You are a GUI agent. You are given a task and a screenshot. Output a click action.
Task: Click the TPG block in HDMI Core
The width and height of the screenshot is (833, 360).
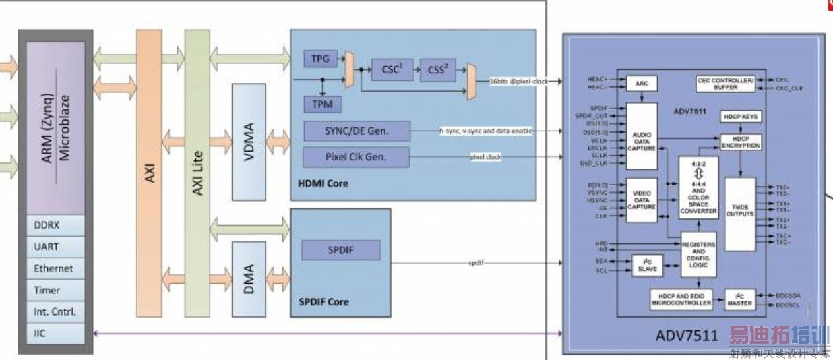pos(321,59)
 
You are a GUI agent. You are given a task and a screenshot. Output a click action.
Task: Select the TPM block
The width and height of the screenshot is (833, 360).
pos(322,104)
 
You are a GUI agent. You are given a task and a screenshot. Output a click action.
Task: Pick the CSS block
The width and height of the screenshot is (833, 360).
pos(439,69)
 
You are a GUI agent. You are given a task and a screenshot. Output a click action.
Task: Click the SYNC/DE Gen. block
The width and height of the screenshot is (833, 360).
pos(357,131)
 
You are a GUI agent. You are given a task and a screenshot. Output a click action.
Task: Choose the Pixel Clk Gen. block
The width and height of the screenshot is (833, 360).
pos(357,158)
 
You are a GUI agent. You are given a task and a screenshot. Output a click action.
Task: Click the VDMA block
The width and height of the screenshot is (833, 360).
pos(248,142)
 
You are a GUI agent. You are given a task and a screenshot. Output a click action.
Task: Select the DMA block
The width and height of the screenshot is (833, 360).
pos(248,279)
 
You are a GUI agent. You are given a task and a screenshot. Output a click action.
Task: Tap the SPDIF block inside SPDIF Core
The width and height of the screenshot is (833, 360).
pos(340,251)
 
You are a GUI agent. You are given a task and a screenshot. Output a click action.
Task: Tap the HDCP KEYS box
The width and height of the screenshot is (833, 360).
pos(741,117)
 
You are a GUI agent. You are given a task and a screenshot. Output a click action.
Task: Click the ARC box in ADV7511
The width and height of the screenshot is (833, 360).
pos(642,84)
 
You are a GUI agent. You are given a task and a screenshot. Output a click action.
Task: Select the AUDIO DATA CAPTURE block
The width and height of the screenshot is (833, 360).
pos(642,136)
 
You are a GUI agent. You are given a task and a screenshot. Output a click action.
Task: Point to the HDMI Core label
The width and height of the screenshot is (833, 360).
pos(323,183)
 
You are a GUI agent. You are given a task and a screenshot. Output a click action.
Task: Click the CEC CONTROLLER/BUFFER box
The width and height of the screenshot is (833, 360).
pos(725,84)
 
